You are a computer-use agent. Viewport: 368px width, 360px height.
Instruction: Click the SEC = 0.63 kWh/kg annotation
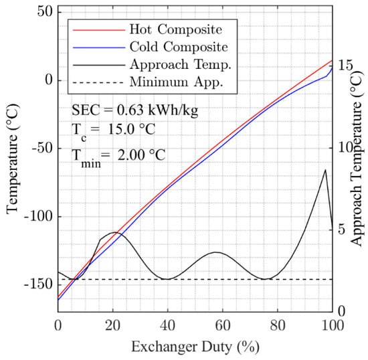coord(134,109)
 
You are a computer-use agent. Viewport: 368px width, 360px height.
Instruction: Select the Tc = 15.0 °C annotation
coord(114,131)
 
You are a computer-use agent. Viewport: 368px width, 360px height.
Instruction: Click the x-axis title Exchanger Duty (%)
coord(195,347)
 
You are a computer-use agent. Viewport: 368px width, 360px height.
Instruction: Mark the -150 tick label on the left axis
coord(37,284)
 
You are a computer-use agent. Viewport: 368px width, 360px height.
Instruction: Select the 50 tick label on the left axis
coord(44,13)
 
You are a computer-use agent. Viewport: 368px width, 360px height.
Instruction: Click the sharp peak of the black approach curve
coord(326,169)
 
